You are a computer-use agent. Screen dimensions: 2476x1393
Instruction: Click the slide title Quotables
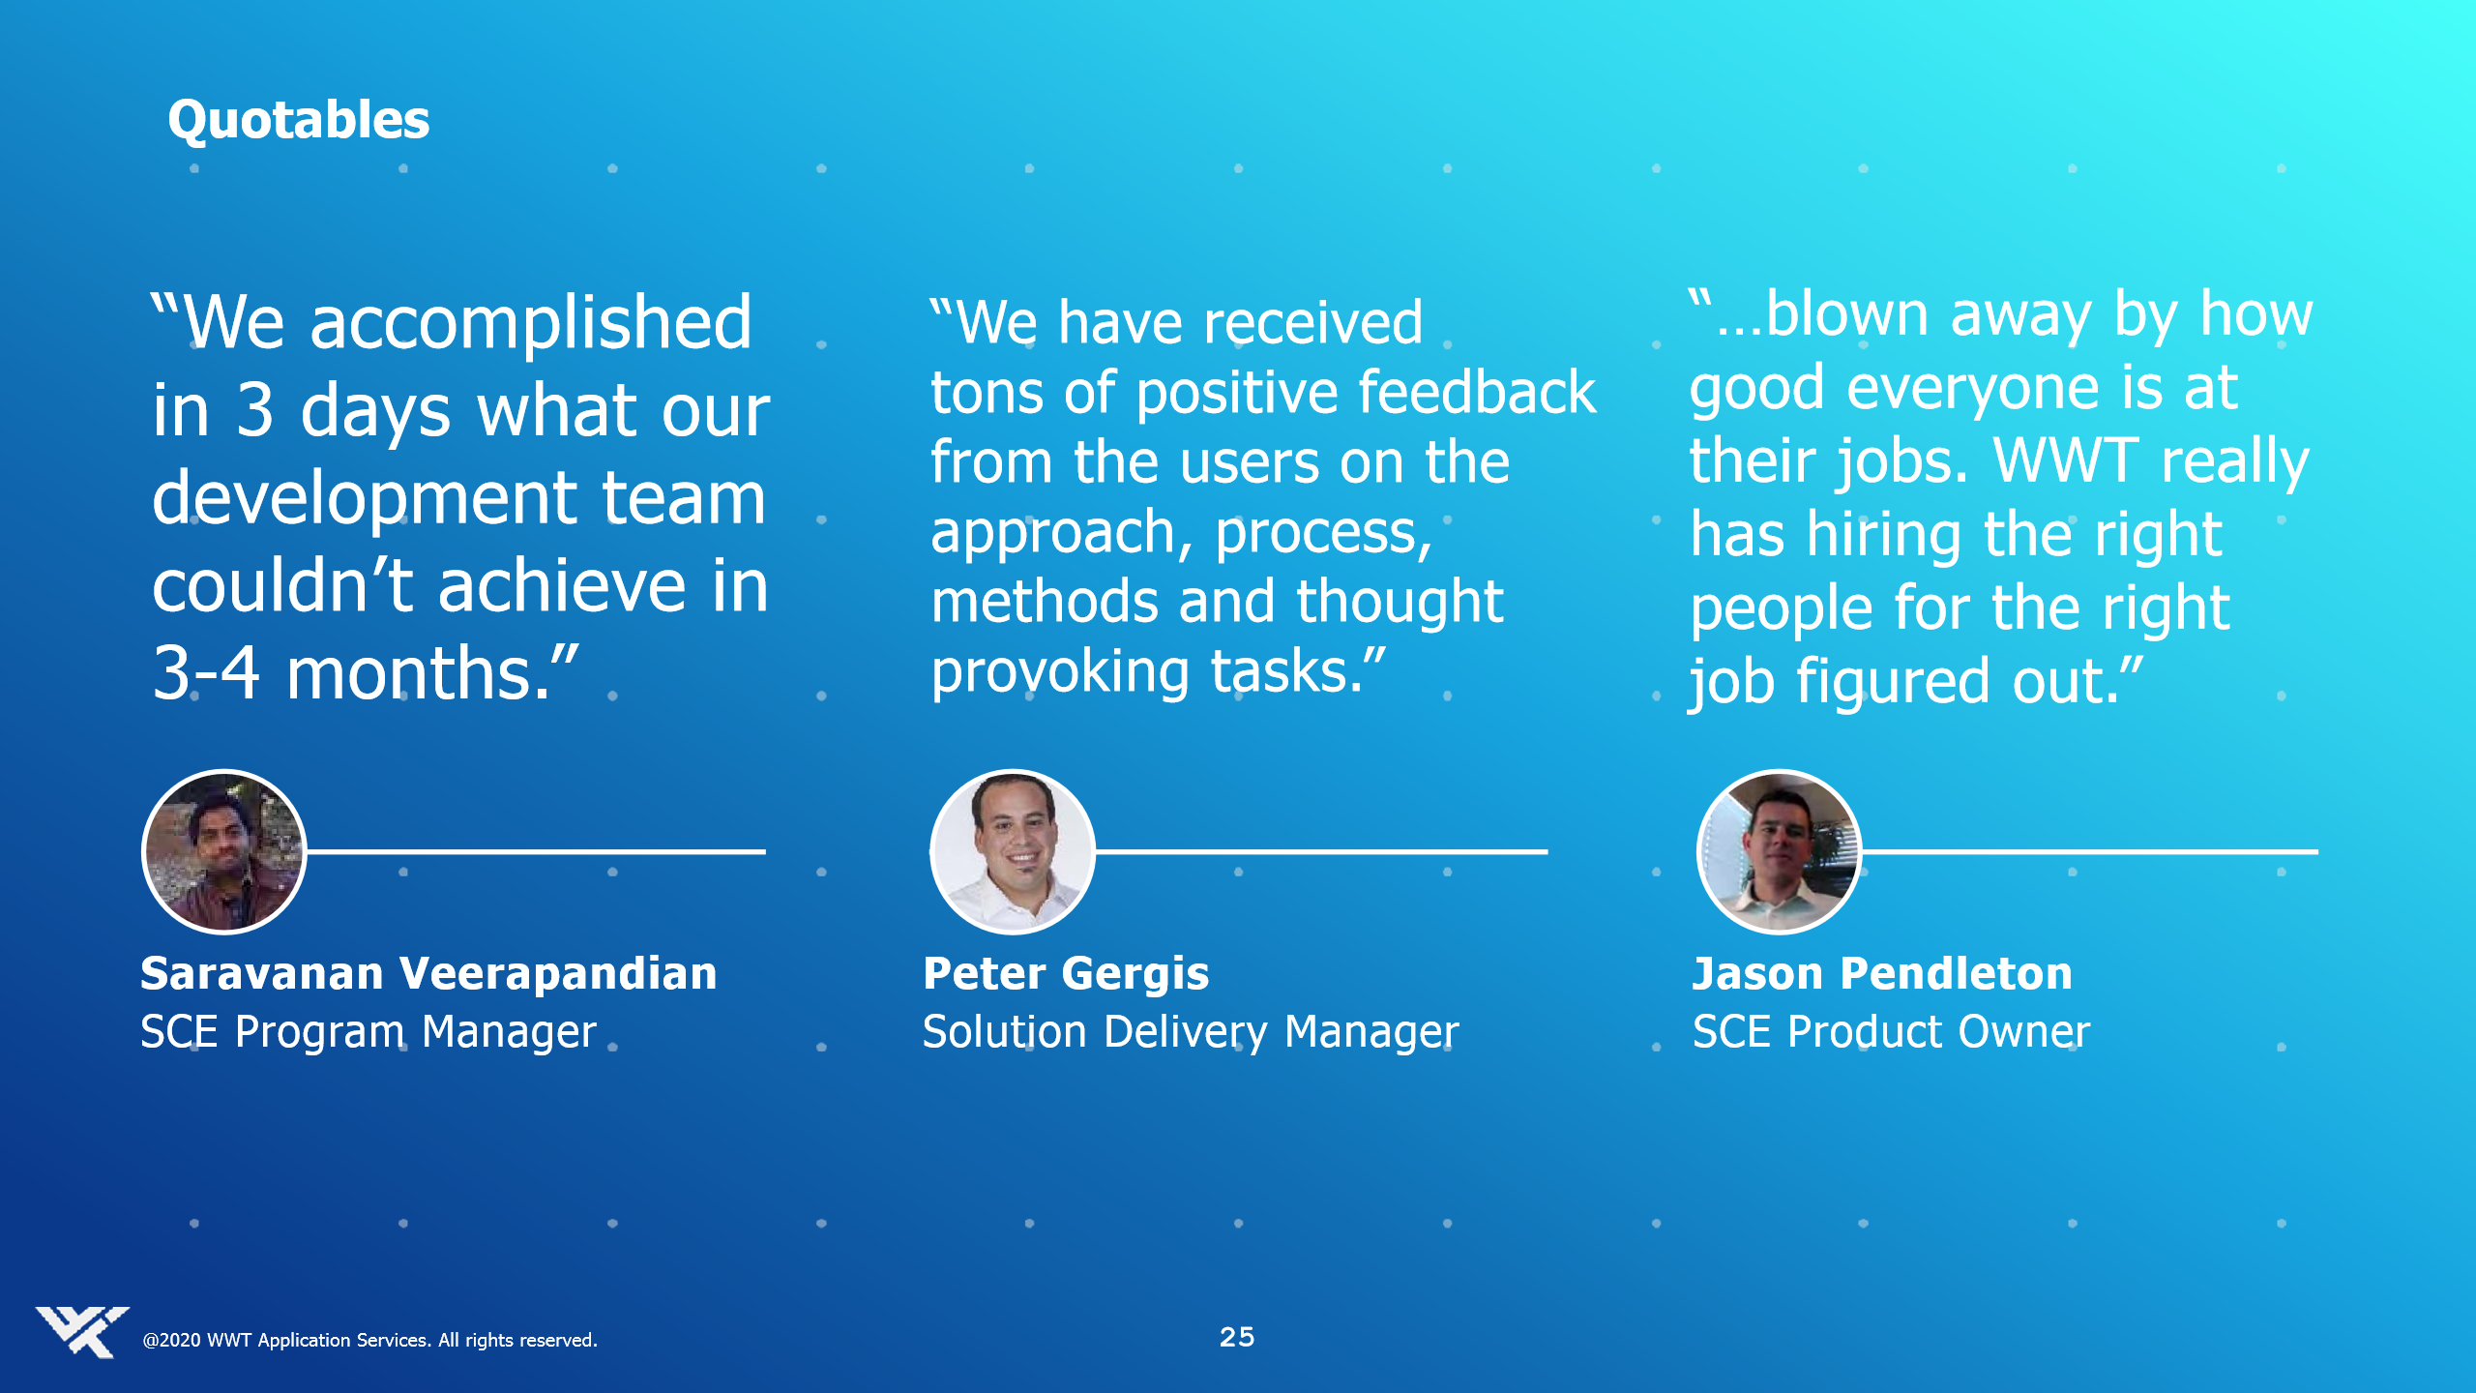coord(298,122)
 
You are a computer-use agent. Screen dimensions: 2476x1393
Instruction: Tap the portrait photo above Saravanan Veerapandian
coord(224,851)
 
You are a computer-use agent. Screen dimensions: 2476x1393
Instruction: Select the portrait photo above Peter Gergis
coord(1013,851)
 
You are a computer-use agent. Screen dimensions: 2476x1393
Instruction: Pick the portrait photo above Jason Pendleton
coord(1779,851)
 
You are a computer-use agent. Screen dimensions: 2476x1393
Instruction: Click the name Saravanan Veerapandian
coord(428,973)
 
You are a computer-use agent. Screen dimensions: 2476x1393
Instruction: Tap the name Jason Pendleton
coord(1882,973)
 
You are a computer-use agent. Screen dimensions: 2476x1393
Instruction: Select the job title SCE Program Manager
coord(368,1032)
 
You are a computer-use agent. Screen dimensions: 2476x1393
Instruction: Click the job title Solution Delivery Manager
coord(1191,1032)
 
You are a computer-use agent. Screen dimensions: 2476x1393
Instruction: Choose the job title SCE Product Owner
coord(1891,1031)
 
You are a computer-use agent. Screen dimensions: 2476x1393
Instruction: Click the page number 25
coord(1237,1337)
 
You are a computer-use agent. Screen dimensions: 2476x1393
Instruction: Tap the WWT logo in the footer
coord(81,1332)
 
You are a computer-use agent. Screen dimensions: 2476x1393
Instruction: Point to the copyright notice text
coord(369,1341)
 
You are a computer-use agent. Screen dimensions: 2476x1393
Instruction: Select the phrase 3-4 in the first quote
coord(206,673)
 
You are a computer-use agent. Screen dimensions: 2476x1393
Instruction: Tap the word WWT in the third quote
coord(2066,460)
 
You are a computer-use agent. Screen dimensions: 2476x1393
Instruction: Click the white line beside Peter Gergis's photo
coord(1321,851)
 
